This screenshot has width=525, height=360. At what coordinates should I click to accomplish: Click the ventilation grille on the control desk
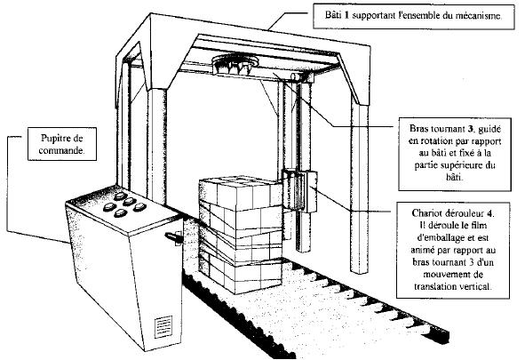pyautogui.click(x=163, y=326)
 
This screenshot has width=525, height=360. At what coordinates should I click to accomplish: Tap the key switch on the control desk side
pyautogui.click(x=174, y=237)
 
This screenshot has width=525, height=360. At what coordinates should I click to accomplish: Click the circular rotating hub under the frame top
pyautogui.click(x=235, y=63)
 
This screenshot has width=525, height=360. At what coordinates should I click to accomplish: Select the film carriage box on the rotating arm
pyautogui.click(x=299, y=191)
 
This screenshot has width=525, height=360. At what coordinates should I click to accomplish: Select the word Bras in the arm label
pyautogui.click(x=418, y=129)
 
